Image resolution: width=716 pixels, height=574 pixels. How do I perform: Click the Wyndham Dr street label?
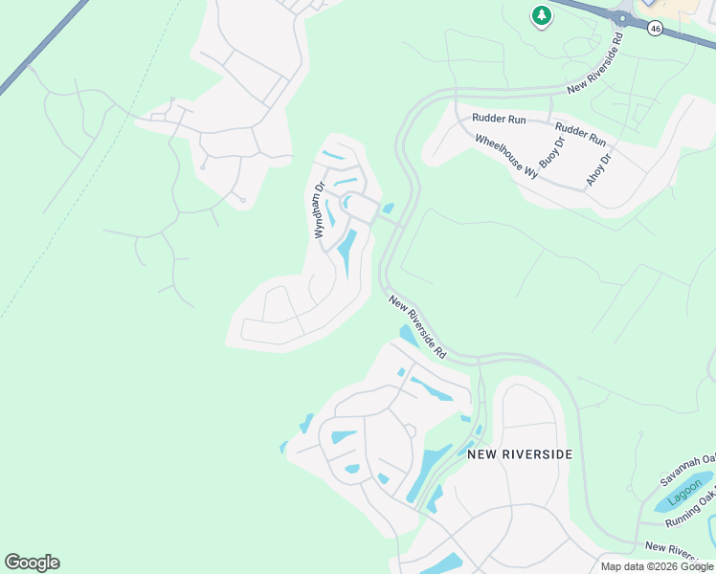320,210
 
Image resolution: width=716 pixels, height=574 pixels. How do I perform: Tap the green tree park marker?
542,15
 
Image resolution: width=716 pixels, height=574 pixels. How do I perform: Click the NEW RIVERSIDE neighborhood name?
520,453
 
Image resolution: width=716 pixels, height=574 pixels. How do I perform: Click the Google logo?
32,562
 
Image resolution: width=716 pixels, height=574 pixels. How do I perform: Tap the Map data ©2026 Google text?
658,566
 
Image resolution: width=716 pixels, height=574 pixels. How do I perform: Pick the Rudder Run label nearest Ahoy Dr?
580,133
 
